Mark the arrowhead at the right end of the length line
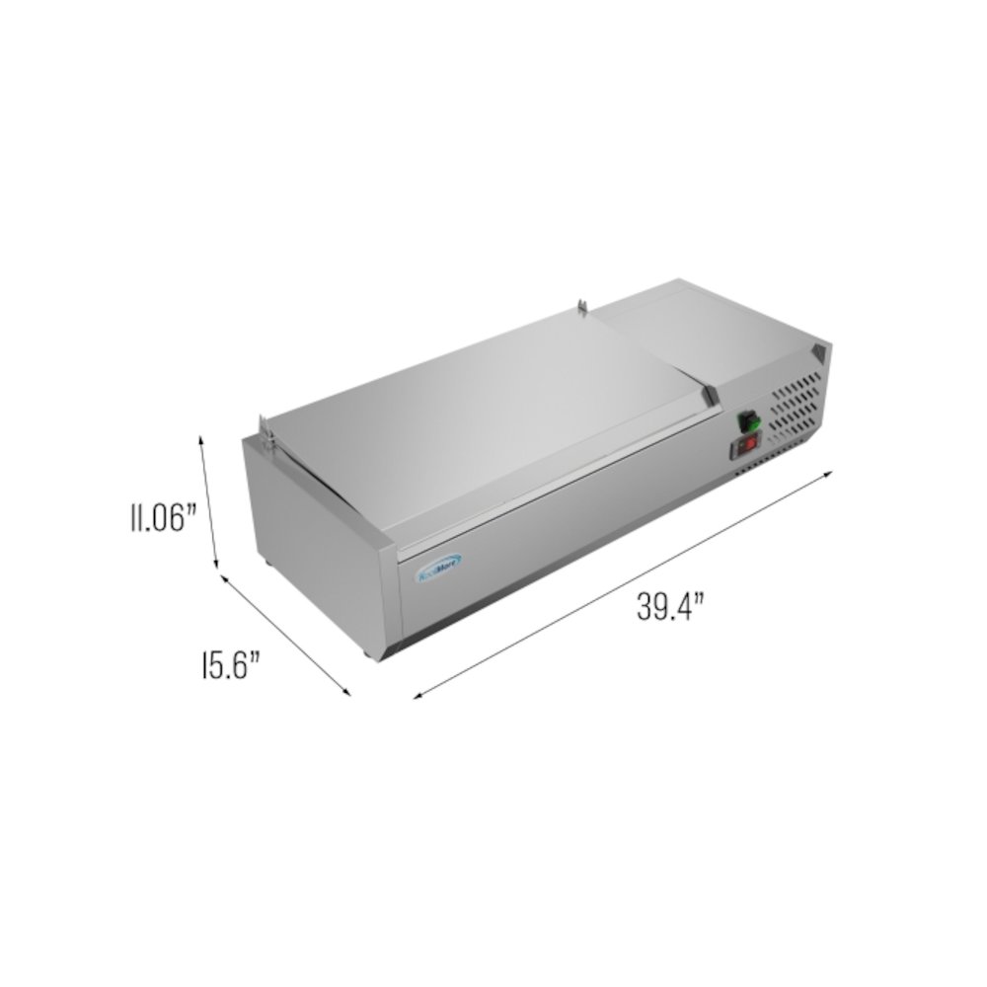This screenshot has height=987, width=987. [x=831, y=473]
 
